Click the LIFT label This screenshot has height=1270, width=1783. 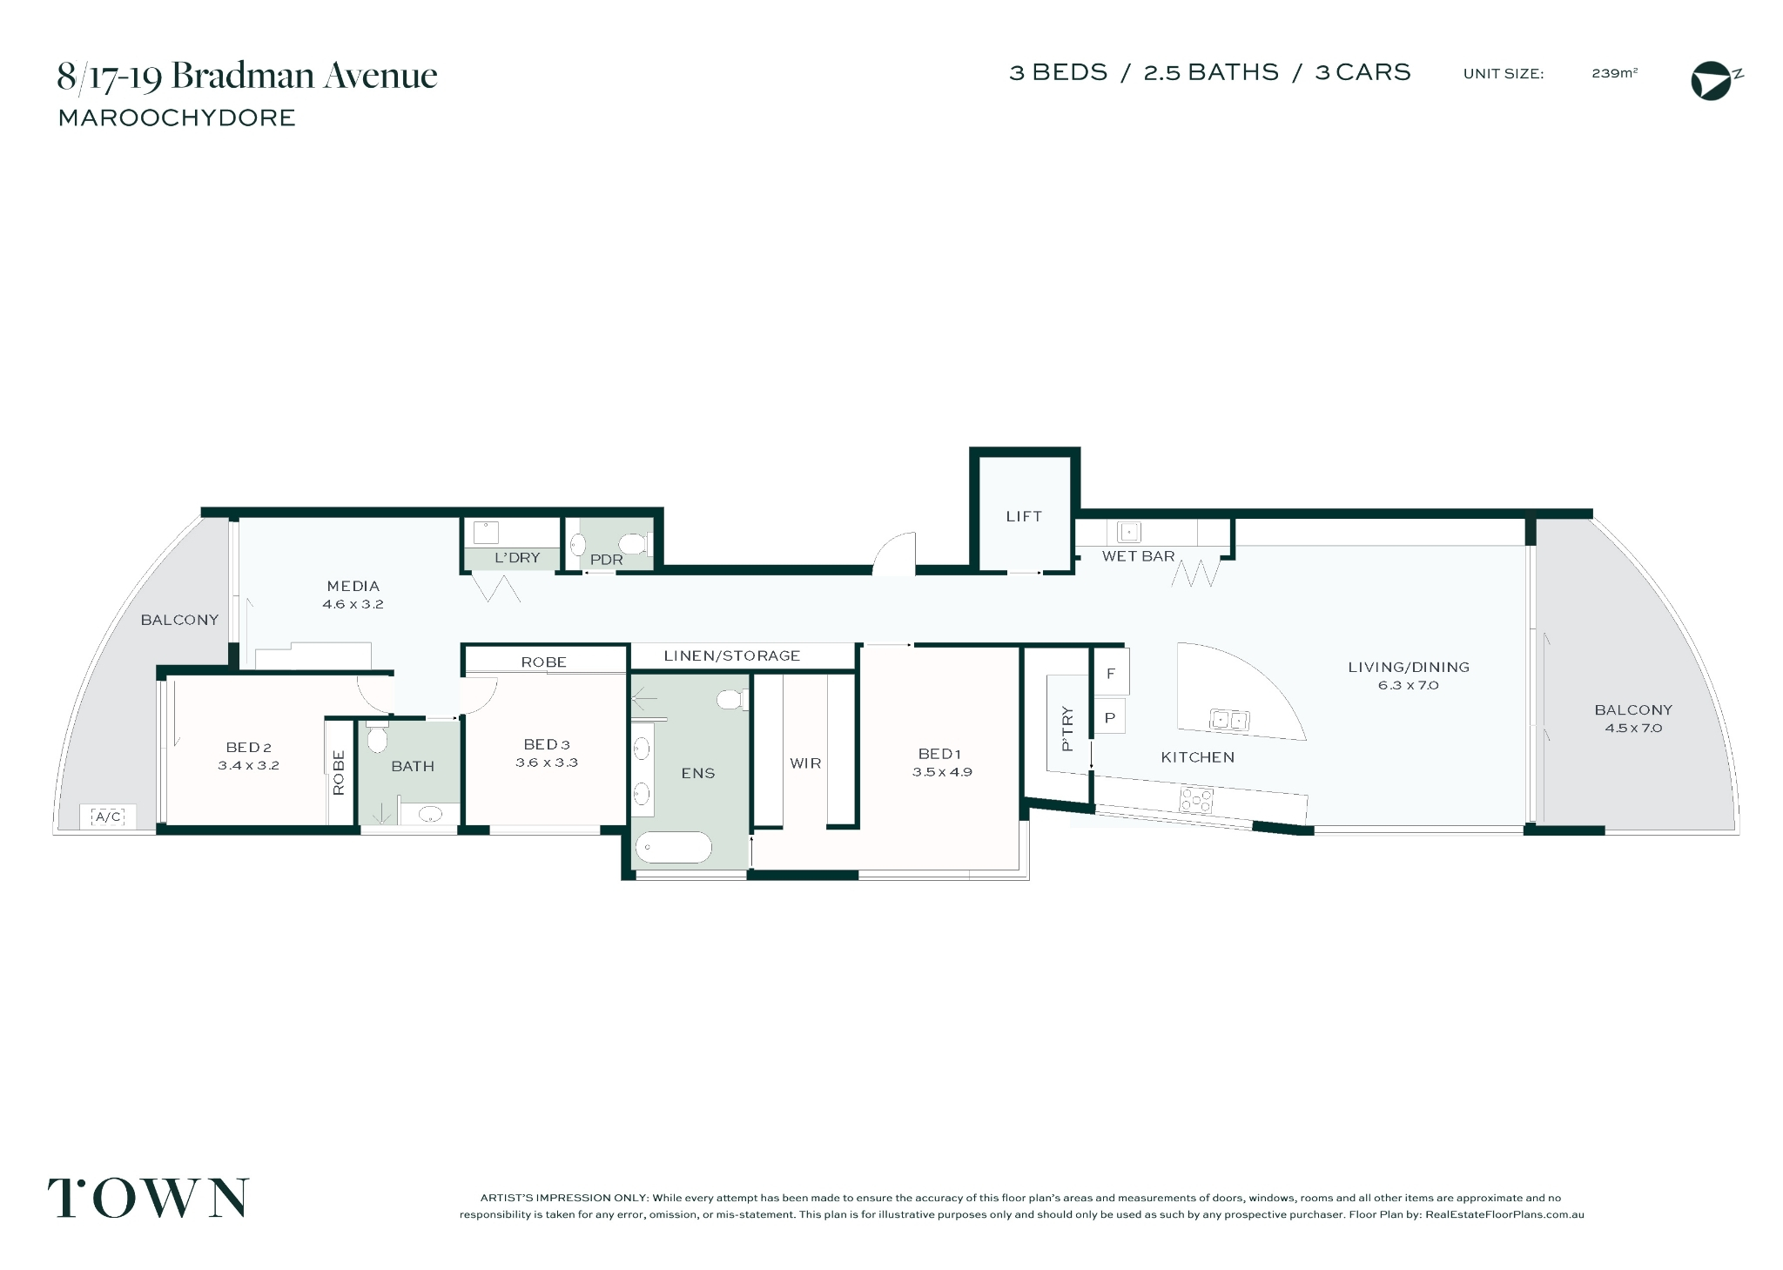coord(1024,516)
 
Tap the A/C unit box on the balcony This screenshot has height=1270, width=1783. coord(109,816)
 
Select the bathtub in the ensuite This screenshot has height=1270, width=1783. coord(674,848)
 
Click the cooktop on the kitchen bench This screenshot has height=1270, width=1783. coord(1196,800)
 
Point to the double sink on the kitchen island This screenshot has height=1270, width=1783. coord(1229,720)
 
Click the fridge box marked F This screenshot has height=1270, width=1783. coord(1111,673)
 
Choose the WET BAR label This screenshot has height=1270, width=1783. coord(1139,556)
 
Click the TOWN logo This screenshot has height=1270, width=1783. coord(149,1198)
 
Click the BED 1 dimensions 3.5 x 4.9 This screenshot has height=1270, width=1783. coord(942,772)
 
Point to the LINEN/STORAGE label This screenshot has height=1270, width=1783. coord(732,655)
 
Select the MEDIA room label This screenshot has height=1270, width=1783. coord(353,586)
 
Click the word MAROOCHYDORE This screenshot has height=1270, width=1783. coord(177,118)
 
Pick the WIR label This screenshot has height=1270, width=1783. coord(805,763)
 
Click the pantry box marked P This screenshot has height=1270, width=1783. coord(1110,717)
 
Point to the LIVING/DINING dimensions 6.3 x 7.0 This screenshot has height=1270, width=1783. coord(1409,686)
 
